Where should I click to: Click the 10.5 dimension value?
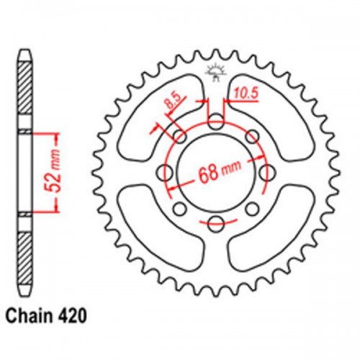coord(245,92)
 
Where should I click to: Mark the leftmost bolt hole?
coord(165,173)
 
